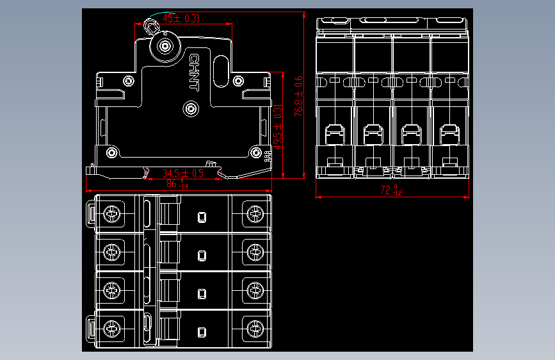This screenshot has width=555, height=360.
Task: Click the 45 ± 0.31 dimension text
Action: (181, 19)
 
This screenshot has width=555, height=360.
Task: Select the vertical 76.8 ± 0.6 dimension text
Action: (298, 97)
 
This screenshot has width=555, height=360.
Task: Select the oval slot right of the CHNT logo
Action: (220, 71)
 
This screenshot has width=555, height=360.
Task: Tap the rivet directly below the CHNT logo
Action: (191, 109)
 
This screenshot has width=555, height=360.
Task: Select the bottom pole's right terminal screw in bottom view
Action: (254, 329)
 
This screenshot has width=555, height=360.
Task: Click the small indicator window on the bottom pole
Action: (202, 332)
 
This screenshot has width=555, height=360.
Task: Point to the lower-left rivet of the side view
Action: (111, 152)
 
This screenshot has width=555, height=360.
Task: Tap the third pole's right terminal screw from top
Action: (254, 291)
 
